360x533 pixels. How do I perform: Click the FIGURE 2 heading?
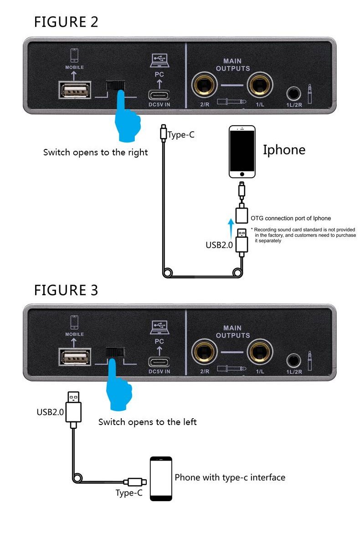pyautogui.click(x=66, y=21)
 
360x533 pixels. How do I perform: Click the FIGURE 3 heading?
pyautogui.click(x=66, y=290)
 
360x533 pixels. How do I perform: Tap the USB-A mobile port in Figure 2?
pyautogui.click(x=75, y=90)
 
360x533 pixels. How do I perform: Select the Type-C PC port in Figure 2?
pyautogui.click(x=159, y=95)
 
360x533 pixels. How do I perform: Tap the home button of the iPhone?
pyautogui.click(x=242, y=174)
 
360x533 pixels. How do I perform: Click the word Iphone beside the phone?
pyautogui.click(x=284, y=150)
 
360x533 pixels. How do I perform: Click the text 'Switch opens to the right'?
pyautogui.click(x=95, y=153)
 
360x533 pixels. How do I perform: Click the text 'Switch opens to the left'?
pyautogui.click(x=147, y=422)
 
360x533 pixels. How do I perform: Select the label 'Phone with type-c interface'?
pyautogui.click(x=230, y=477)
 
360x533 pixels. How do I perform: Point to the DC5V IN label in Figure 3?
pyautogui.click(x=159, y=371)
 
